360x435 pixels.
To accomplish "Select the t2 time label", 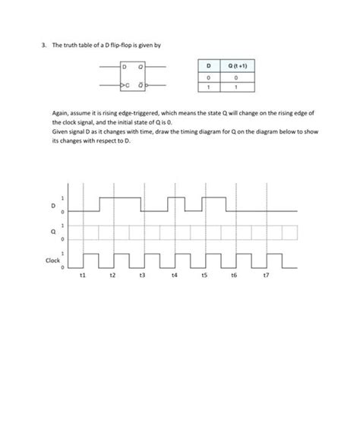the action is click(x=112, y=279).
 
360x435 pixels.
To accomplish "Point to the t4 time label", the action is click(x=174, y=279).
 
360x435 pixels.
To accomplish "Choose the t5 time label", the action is click(x=204, y=279).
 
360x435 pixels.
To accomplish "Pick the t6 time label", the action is click(x=235, y=279).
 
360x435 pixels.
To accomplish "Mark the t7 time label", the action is click(x=265, y=279).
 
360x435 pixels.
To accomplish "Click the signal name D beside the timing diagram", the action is click(x=53, y=205).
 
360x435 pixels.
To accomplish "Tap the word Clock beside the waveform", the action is click(x=52, y=260).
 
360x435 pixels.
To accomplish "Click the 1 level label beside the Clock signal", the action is click(x=63, y=252).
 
